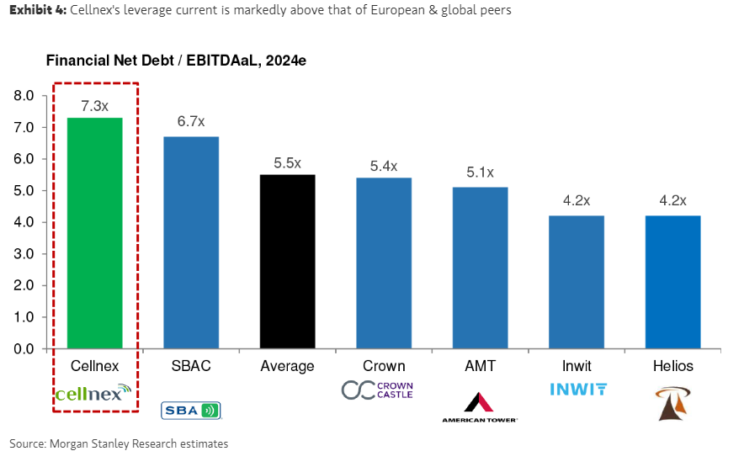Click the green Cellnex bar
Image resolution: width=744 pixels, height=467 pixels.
(95, 232)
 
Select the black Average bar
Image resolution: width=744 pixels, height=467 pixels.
(287, 261)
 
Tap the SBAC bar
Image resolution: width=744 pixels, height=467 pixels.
(191, 242)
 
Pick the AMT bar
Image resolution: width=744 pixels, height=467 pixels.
(480, 268)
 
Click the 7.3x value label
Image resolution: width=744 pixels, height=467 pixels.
(95, 106)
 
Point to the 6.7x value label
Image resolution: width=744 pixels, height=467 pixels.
(191, 122)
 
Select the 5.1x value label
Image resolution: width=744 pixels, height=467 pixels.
(481, 172)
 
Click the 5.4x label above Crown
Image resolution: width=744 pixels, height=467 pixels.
(384, 166)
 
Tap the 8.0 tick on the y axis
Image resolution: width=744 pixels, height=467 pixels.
(24, 96)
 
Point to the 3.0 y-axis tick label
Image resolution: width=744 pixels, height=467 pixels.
(24, 254)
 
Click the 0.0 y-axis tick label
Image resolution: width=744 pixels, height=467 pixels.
(24, 349)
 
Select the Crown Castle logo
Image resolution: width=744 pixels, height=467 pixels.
(377, 390)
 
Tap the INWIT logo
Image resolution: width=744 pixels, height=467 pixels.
(578, 389)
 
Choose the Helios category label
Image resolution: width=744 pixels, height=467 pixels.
(673, 366)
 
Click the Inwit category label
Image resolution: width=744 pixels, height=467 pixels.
(577, 366)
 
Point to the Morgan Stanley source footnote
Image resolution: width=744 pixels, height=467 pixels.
(119, 443)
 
